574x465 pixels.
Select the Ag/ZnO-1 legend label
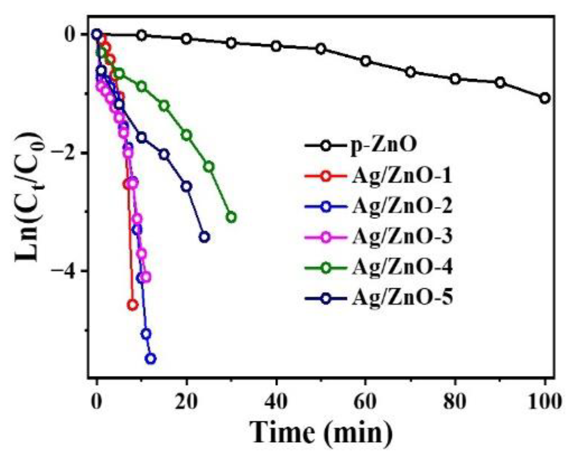pyautogui.click(x=402, y=176)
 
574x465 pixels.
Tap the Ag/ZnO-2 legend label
pyautogui.click(x=402, y=206)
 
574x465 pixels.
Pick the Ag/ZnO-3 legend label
pyautogui.click(x=402, y=236)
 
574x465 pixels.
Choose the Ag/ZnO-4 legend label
pyautogui.click(x=402, y=267)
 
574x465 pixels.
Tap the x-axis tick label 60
pyautogui.click(x=365, y=401)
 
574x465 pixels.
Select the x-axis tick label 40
pyautogui.click(x=276, y=401)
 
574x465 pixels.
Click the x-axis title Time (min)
pyautogui.click(x=321, y=433)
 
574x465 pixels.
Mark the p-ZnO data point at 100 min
pyautogui.click(x=545, y=98)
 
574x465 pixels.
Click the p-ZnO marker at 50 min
pyautogui.click(x=321, y=49)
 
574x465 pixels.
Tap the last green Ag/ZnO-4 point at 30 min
pyautogui.click(x=231, y=217)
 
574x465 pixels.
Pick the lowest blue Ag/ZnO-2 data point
pyautogui.click(x=151, y=359)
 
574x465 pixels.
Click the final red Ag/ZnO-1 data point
pyautogui.click(x=132, y=305)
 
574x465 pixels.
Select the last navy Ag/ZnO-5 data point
pyautogui.click(x=204, y=237)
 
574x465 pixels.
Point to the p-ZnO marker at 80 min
pyautogui.click(x=455, y=79)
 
